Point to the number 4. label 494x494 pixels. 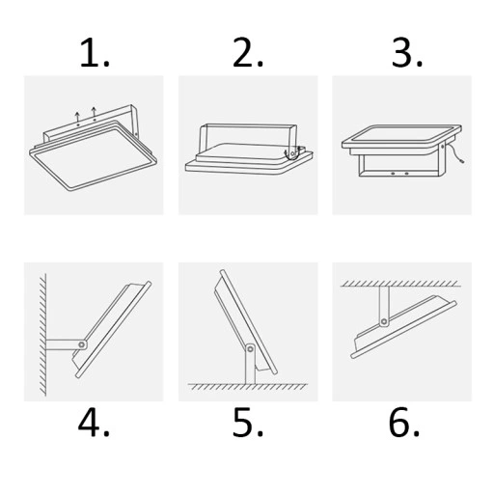[94, 423]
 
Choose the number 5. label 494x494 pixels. [248, 423]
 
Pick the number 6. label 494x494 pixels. [403, 423]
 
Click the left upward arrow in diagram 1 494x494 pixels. [78, 117]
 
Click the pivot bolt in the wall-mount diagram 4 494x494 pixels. [83, 343]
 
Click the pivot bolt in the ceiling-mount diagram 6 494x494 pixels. [385, 319]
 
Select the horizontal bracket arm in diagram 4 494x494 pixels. [63, 343]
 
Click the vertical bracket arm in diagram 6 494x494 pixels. [385, 301]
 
